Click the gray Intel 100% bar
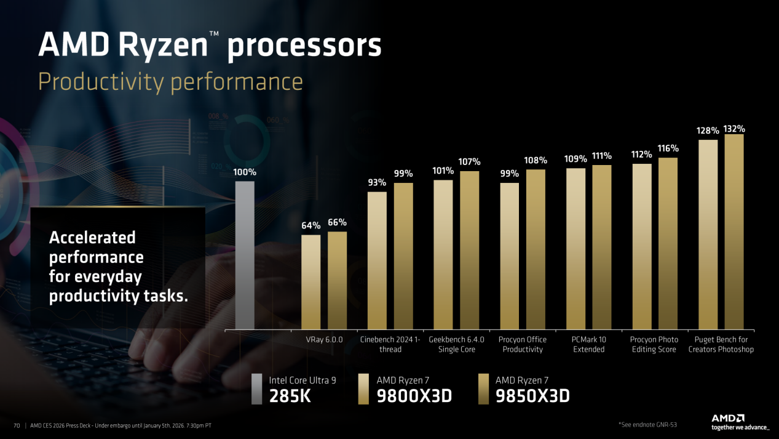coord(245,255)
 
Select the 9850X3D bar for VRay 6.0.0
coord(337,280)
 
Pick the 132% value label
coord(734,129)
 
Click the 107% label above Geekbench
coord(469,162)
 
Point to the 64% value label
coord(310,226)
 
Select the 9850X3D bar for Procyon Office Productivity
coord(536,249)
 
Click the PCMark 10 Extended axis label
coord(588,344)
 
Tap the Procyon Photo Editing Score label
coord(654,344)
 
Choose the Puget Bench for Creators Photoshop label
coord(721,344)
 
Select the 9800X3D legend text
coord(414,396)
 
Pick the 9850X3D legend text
coord(532,396)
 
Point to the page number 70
coord(17,426)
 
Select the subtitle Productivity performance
coord(170,81)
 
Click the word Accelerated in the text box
coord(92,238)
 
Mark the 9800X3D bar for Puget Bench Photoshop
coord(708,234)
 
